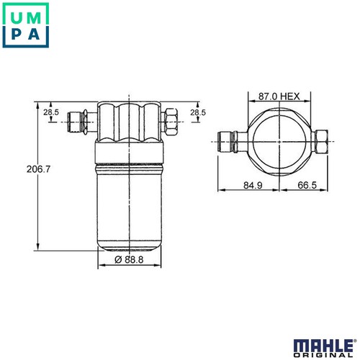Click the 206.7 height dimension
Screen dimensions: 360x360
[38, 169]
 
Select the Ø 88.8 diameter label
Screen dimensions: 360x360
[129, 259]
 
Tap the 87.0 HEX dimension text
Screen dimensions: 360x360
[279, 96]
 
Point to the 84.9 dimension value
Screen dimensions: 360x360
[253, 185]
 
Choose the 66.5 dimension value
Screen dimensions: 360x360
[307, 185]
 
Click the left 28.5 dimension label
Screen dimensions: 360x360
[51, 112]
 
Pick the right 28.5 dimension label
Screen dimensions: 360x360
[198, 112]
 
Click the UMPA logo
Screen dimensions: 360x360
[26, 25]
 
